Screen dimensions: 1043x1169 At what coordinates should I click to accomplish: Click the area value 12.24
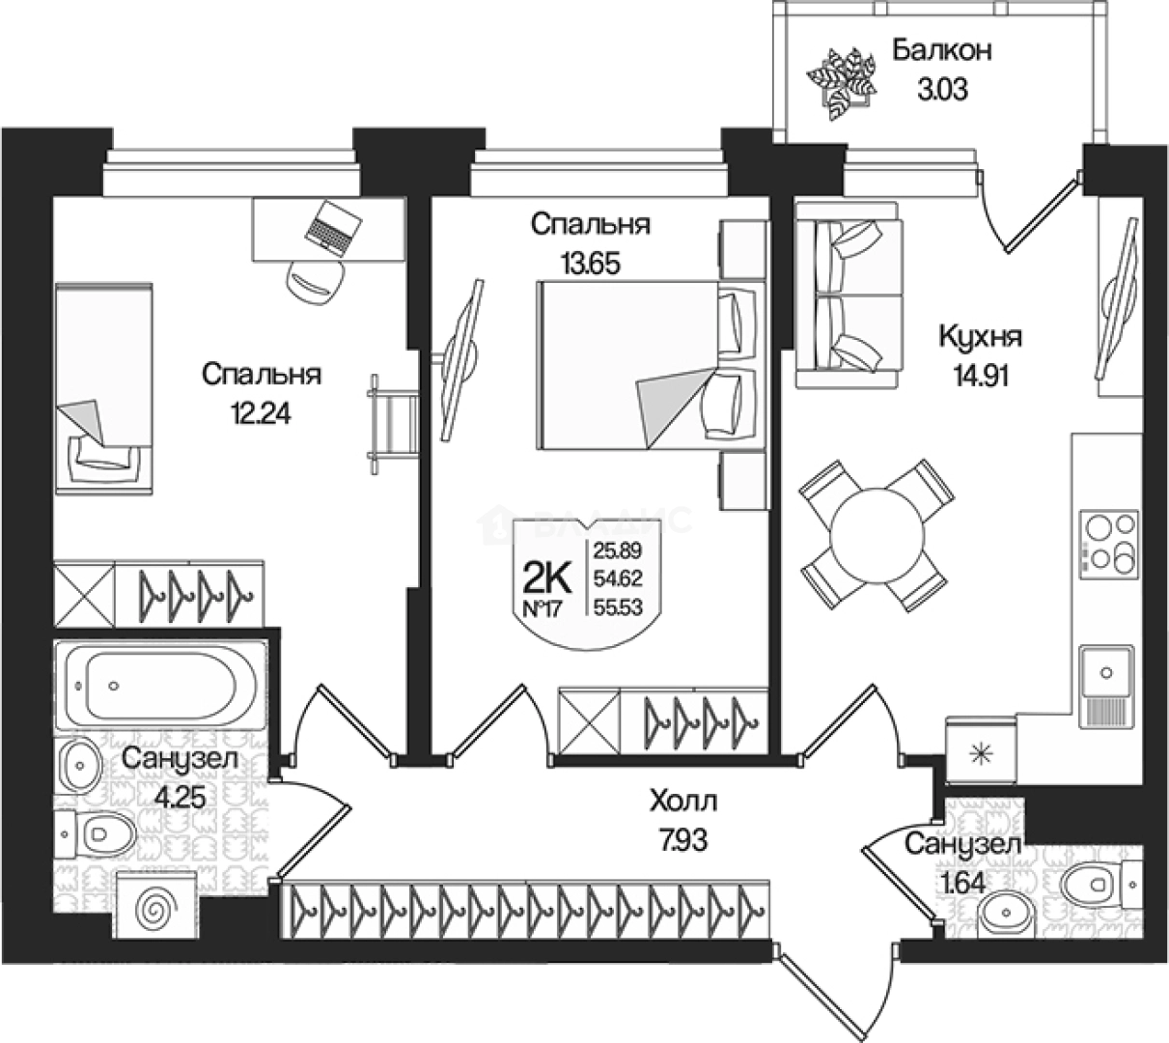[x=260, y=413]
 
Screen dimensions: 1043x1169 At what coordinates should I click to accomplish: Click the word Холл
[x=683, y=802]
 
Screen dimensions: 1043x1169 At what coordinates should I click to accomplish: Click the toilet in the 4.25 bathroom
[x=96, y=832]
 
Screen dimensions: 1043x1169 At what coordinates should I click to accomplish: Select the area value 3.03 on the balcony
[x=940, y=91]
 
